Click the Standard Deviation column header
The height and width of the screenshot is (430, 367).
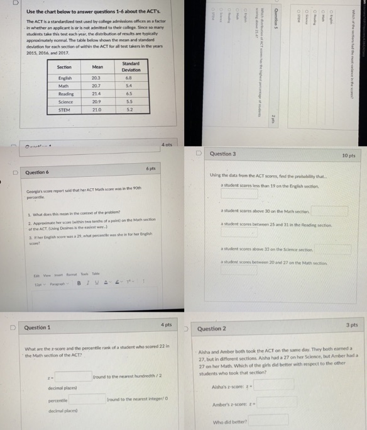click(x=131, y=66)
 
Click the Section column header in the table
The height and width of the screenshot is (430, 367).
click(x=64, y=66)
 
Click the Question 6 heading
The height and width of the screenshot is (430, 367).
click(x=37, y=172)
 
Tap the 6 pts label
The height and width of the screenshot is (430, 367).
click(x=151, y=169)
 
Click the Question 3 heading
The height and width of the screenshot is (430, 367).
click(x=223, y=154)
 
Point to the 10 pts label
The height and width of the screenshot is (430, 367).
click(x=349, y=155)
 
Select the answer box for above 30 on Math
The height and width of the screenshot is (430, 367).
click(x=329, y=211)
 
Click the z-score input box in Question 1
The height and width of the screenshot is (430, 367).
click(x=73, y=376)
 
